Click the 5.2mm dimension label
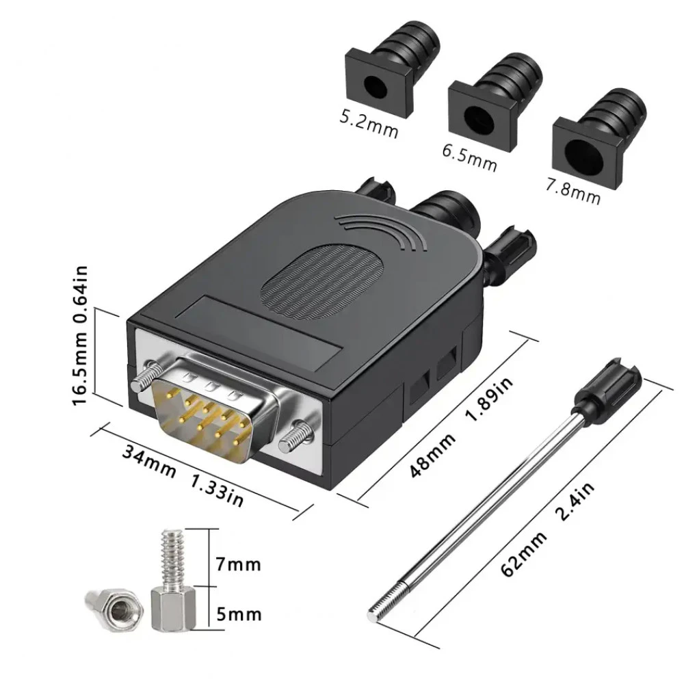click(x=369, y=125)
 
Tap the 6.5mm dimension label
click(x=469, y=157)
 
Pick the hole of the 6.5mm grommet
click(x=479, y=120)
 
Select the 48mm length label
click(x=432, y=455)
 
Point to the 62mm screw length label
click(x=523, y=554)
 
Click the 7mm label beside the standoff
click(x=238, y=565)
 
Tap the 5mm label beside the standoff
click(x=239, y=615)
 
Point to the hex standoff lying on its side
click(x=114, y=610)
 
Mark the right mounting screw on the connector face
click(x=295, y=436)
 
